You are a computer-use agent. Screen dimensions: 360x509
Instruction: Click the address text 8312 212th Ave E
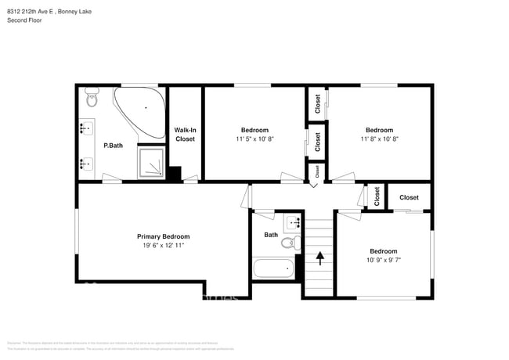[x=36, y=11]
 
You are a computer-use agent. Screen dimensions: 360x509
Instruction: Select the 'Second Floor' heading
[x=25, y=20]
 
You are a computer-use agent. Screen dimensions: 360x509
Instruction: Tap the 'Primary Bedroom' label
[x=163, y=236]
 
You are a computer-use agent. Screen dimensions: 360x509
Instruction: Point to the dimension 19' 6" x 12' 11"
[x=163, y=246]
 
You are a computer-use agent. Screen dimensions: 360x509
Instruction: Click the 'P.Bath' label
[x=113, y=146]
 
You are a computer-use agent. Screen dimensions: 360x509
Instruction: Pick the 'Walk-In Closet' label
[x=185, y=135]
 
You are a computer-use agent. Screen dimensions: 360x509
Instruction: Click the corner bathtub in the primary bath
[x=142, y=110]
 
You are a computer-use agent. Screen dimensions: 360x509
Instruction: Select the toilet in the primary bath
[x=92, y=99]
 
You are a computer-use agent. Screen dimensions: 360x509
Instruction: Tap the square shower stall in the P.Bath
[x=152, y=163]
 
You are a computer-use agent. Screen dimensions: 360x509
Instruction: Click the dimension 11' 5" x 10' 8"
[x=254, y=139]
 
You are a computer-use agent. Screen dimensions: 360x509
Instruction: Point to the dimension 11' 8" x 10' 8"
[x=379, y=139]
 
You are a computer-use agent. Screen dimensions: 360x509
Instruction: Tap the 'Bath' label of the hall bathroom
[x=271, y=235]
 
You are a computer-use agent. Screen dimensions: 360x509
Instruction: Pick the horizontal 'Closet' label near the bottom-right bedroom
[x=409, y=198]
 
